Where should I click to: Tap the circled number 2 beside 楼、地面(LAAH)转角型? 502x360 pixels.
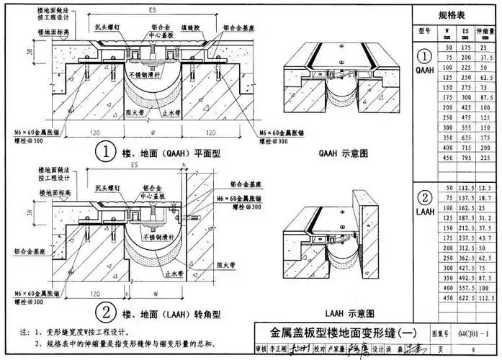pos(105,312)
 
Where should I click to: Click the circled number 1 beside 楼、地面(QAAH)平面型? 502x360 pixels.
pos(105,152)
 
